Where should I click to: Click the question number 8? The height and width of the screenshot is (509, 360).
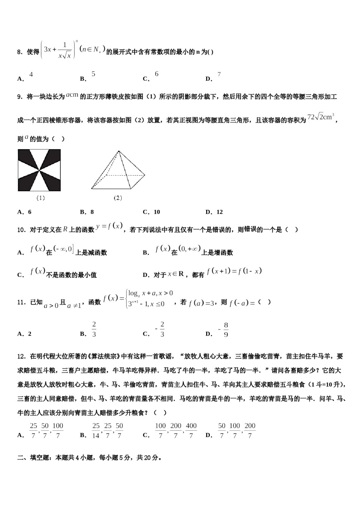pyautogui.click(x=20, y=52)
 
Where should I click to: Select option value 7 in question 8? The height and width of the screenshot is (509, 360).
pyautogui.click(x=219, y=74)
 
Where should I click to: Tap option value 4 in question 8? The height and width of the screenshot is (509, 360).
pyautogui.click(x=31, y=74)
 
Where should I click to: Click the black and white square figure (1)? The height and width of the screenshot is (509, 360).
pyautogui.click(x=39, y=170)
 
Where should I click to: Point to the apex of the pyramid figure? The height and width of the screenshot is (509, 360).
pyautogui.click(x=119, y=151)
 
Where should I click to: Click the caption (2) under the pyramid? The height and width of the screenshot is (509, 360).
pyautogui.click(x=118, y=198)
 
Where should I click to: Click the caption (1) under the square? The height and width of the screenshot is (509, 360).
pyautogui.click(x=41, y=198)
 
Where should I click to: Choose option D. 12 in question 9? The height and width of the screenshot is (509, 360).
pyautogui.click(x=214, y=212)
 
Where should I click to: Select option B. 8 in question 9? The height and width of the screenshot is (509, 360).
pyautogui.click(x=87, y=212)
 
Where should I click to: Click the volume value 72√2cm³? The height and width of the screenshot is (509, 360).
pyautogui.click(x=321, y=117)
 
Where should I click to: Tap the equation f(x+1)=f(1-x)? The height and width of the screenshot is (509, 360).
pyautogui.click(x=234, y=271)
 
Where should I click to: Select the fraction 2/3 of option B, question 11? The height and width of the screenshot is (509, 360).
pyautogui.click(x=94, y=329)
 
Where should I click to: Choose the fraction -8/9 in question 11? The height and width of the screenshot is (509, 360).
pyautogui.click(x=224, y=330)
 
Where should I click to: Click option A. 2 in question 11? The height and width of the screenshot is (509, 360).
pyautogui.click(x=25, y=334)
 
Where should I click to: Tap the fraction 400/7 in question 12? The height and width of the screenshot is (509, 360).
pyautogui.click(x=191, y=431)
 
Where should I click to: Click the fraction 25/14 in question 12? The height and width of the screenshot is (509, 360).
pyautogui.click(x=96, y=431)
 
